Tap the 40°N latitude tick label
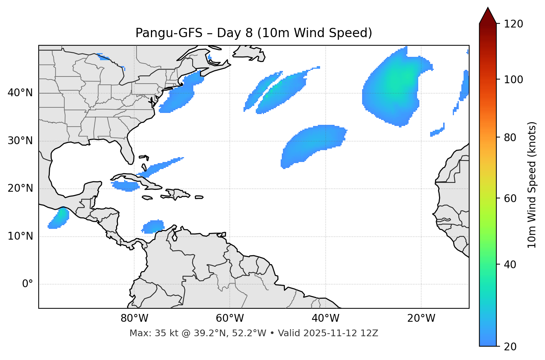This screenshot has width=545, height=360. (x=20, y=93)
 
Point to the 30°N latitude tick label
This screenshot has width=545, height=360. (x=20, y=141)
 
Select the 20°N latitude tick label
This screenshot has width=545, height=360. (x=20, y=188)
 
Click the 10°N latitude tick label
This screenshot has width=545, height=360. (x=20, y=236)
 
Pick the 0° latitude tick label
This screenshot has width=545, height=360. (x=28, y=284)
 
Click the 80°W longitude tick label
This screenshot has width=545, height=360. (x=134, y=318)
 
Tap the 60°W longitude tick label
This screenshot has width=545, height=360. (x=230, y=318)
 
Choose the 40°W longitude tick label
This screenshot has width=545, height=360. (x=325, y=318)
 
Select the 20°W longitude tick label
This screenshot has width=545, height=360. (x=421, y=318)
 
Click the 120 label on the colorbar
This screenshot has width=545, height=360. (x=514, y=24)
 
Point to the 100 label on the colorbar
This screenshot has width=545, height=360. (x=514, y=80)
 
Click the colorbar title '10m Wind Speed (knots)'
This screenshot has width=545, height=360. (x=532, y=185)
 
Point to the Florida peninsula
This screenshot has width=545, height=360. (x=128, y=150)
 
